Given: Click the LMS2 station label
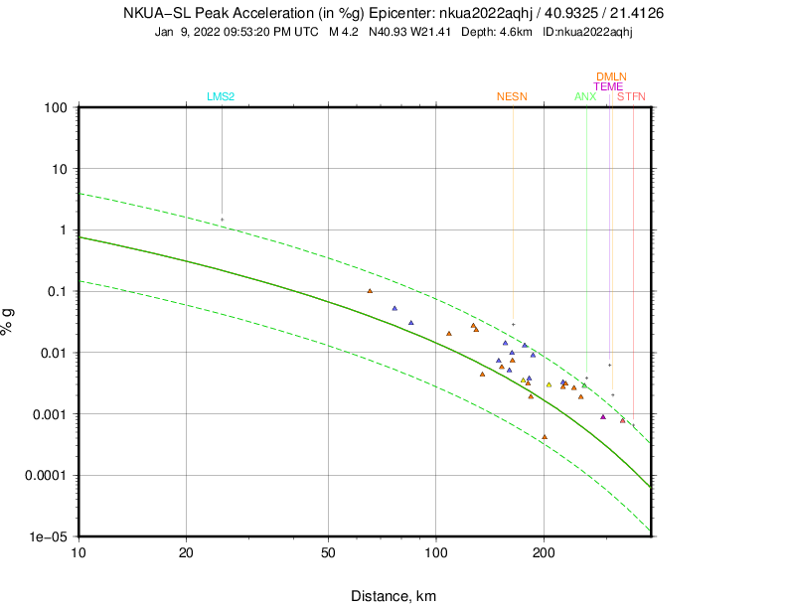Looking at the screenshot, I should tap(221, 96).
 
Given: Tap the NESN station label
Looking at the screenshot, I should tap(512, 96).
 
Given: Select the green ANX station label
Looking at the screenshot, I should tap(585, 96).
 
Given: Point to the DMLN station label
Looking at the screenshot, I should tap(611, 76).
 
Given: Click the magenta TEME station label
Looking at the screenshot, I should tap(608, 86).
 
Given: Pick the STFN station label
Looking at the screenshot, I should tap(631, 96).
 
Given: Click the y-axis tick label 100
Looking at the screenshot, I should tap(55, 107).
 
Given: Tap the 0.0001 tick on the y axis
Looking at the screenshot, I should tap(45, 475).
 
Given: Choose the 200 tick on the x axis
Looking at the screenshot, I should tap(544, 553).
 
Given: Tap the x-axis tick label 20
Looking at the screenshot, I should tap(187, 553).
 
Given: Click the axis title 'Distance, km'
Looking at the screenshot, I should tap(393, 596).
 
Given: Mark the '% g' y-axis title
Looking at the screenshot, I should tap(9, 321).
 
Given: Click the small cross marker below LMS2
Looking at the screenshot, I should tap(222, 220).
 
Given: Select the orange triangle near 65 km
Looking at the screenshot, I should tap(370, 291).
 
